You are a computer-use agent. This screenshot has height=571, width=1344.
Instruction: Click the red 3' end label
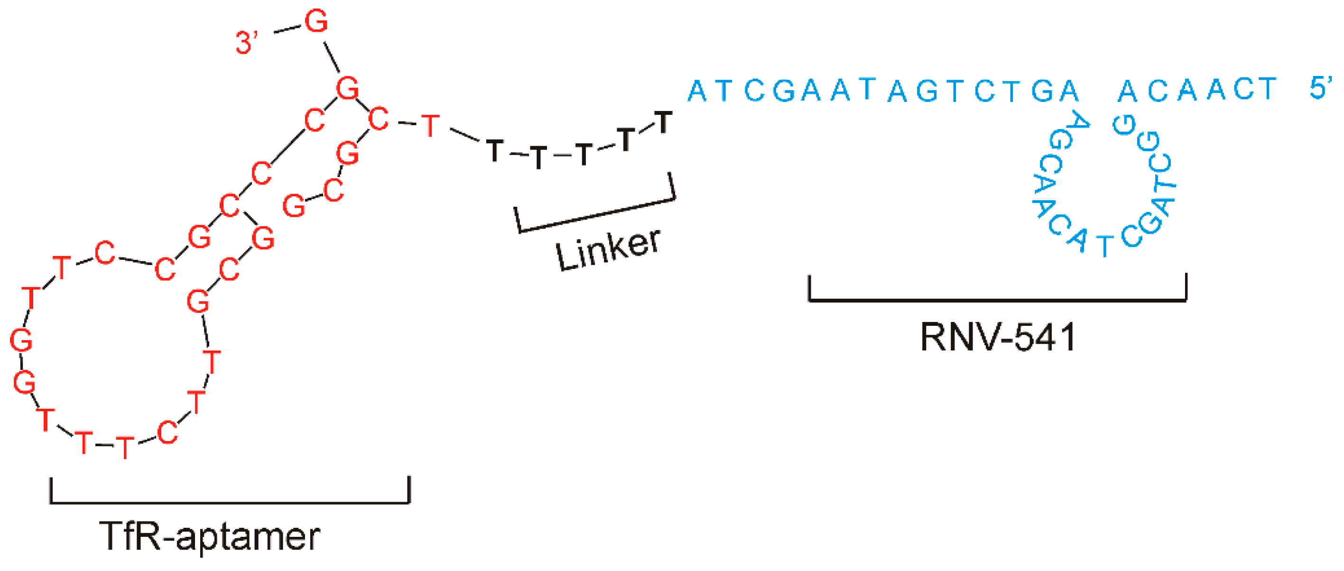pos(246,42)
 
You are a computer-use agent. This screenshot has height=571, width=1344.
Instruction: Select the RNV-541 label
pos(998,337)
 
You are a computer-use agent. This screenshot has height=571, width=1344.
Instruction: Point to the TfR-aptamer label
pos(209,536)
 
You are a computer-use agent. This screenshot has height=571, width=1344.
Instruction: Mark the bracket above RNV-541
pos(998,299)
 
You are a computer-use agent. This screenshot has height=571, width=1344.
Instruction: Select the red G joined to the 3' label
pos(316,22)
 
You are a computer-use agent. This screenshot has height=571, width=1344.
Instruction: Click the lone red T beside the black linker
pos(430,126)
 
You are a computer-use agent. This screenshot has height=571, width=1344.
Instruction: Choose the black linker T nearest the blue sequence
pos(663,123)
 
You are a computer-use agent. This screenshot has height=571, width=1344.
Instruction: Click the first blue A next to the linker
pos(697,91)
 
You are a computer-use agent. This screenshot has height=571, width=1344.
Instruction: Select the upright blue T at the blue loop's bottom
pos(1104,246)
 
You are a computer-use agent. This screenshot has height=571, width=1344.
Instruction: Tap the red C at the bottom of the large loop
pos(167,433)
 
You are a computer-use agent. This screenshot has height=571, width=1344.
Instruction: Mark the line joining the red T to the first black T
pos(463,135)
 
